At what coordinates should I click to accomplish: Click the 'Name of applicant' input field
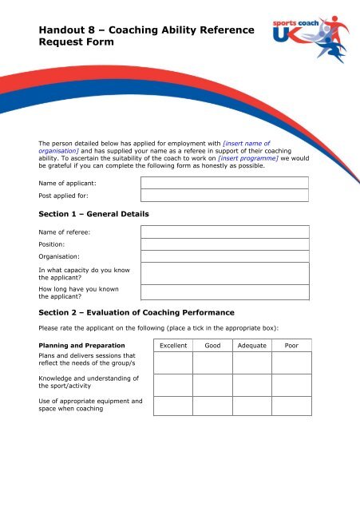pos(224,183)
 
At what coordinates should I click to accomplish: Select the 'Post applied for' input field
pos(224,196)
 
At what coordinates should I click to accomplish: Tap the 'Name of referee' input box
pos(224,232)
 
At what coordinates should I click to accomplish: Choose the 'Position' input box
pos(224,244)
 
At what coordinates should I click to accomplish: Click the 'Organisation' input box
pos(224,256)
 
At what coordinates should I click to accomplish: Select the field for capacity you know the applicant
pos(224,274)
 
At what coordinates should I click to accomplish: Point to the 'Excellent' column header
pos(173,347)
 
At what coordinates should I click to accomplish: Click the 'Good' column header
pos(212,347)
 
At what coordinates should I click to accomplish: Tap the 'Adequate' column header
pos(251,347)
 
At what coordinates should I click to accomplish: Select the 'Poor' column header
pos(291,347)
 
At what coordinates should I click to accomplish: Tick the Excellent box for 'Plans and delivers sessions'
pos(173,362)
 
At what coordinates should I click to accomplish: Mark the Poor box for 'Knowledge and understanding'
pos(291,385)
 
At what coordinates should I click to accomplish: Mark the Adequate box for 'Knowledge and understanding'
pos(251,385)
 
